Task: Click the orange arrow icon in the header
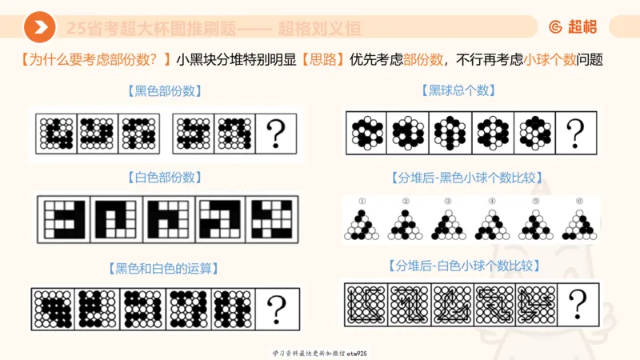tap(39, 28)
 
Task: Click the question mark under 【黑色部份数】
tap(276, 132)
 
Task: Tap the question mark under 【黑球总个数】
tap(574, 132)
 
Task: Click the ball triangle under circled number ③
tap(448, 224)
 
